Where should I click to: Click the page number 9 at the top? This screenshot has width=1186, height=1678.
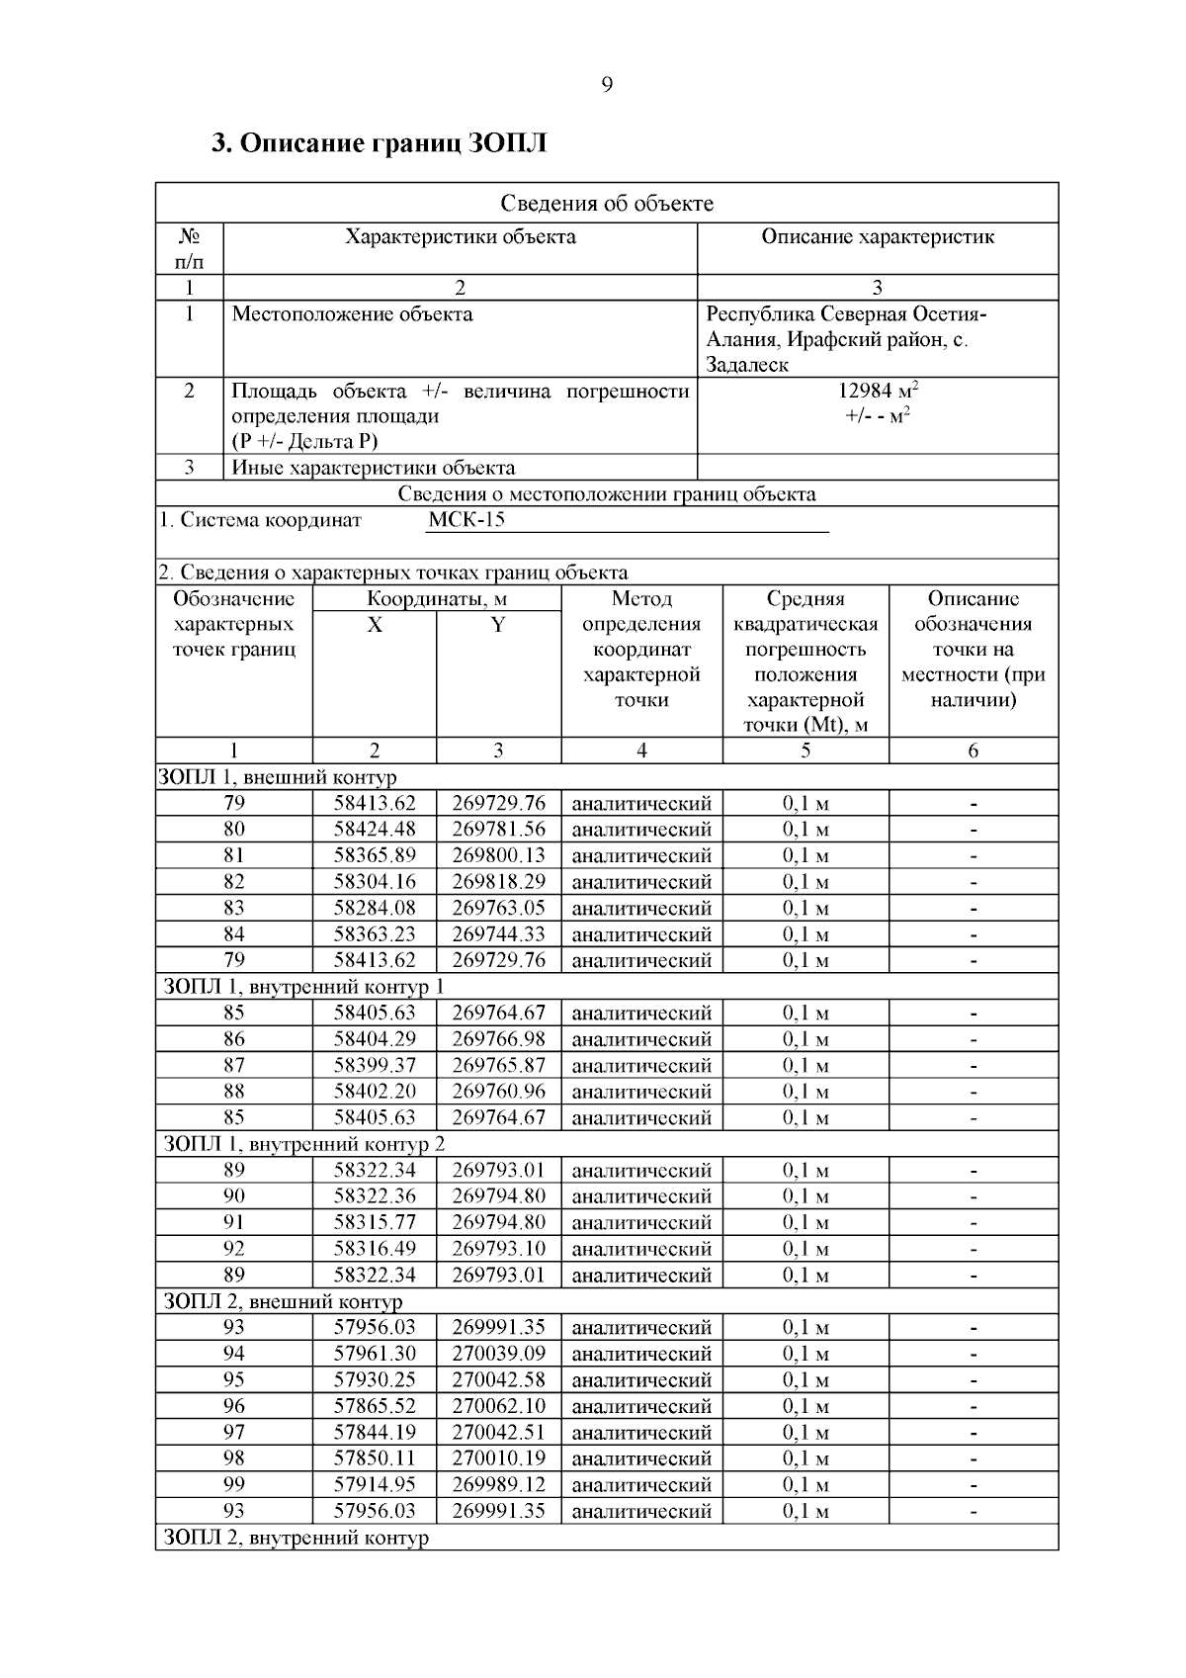(607, 85)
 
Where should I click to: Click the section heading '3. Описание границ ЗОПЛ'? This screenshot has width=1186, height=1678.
(380, 143)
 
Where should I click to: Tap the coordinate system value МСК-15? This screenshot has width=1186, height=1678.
(466, 520)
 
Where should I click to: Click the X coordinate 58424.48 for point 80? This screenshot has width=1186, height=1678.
(375, 830)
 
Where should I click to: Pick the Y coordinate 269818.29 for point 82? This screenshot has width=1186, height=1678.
(498, 882)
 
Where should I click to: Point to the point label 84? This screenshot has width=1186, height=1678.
(234, 934)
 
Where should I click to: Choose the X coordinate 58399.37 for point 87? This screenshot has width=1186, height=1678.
(375, 1066)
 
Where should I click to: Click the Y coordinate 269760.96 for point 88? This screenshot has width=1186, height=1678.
(498, 1092)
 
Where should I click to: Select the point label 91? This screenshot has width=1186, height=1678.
(234, 1223)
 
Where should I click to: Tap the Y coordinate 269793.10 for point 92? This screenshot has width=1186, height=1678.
(498, 1249)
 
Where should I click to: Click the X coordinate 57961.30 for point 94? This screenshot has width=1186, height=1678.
(375, 1354)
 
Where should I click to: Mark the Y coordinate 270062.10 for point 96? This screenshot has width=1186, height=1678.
(498, 1406)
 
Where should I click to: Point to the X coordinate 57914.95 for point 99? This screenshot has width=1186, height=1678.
(375, 1485)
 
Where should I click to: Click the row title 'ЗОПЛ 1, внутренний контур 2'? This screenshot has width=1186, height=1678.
(303, 1144)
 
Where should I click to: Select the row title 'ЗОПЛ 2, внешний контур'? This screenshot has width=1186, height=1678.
(283, 1301)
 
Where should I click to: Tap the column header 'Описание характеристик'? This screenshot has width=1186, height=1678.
(878, 237)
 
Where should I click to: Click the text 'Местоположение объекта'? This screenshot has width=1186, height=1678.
(352, 314)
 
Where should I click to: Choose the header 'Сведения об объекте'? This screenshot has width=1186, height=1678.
(607, 204)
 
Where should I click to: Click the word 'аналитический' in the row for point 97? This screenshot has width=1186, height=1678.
(641, 1433)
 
